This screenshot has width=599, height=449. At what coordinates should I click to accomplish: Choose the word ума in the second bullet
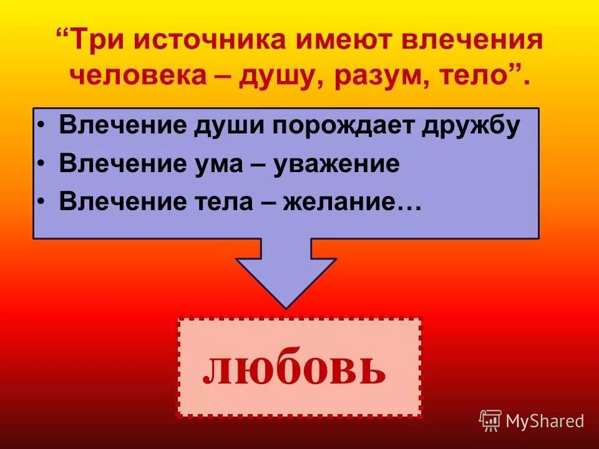click(x=223, y=164)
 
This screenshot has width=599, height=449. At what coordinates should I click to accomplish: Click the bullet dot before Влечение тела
click(x=41, y=201)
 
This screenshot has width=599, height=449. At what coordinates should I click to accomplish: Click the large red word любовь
click(x=294, y=369)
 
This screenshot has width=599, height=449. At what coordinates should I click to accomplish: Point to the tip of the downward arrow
click(x=286, y=306)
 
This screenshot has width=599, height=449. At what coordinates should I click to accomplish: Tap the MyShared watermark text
click(x=544, y=422)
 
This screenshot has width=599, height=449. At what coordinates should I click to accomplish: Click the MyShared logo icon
click(x=490, y=421)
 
